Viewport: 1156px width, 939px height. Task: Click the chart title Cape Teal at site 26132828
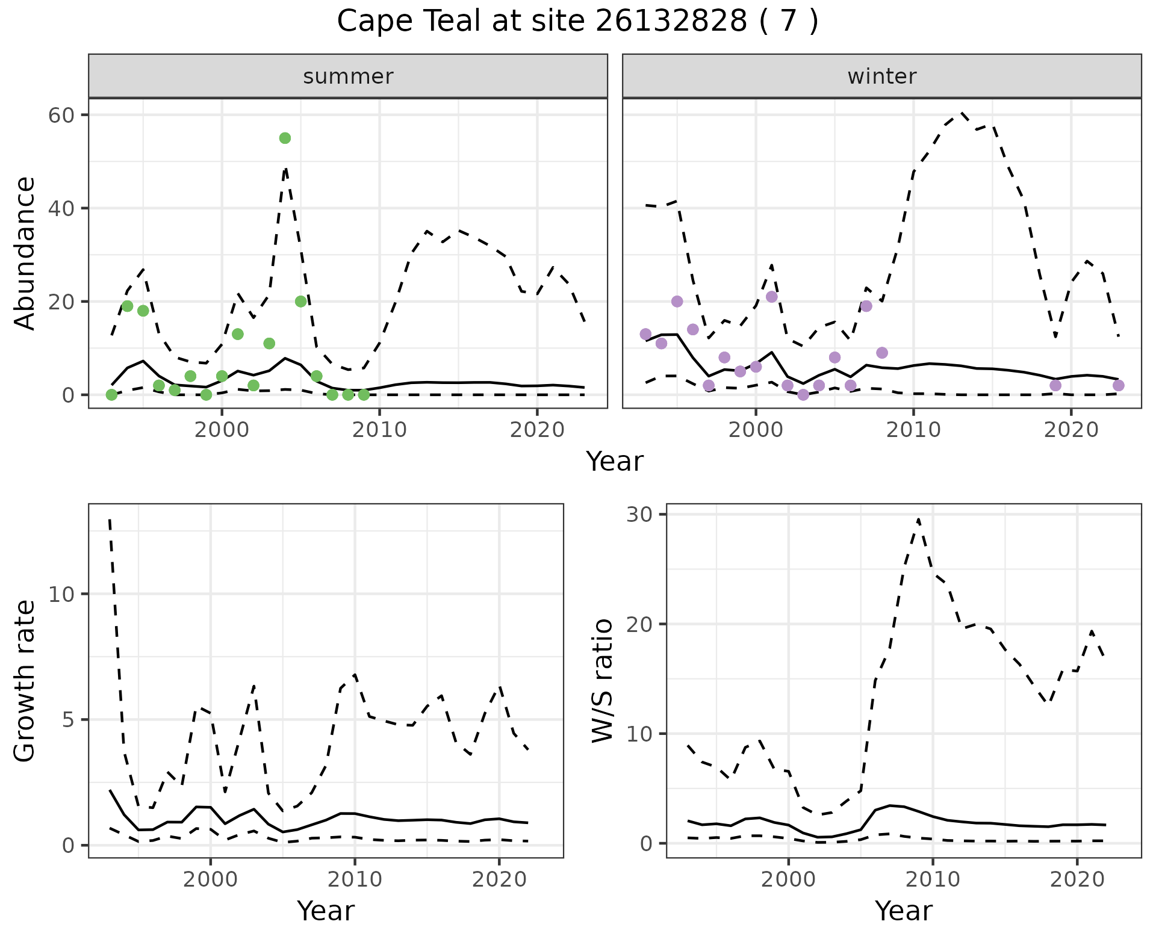pos(577,22)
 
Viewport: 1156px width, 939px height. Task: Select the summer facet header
pos(347,76)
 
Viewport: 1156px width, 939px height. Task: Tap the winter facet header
pos(881,76)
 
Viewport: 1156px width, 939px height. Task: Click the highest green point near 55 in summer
pos(285,138)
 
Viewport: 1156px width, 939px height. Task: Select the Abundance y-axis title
pos(25,253)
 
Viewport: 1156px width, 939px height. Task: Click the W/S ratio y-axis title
pos(603,681)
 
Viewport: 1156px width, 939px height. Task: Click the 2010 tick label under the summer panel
pos(379,430)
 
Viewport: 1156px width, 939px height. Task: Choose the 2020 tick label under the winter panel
pos(1071,430)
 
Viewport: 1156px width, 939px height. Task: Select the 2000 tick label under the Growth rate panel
pos(210,879)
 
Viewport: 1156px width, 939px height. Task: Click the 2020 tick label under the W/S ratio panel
pos(1077,879)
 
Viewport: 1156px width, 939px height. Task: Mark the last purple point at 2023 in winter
pos(1119,385)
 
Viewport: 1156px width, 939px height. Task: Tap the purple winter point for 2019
pos(1055,385)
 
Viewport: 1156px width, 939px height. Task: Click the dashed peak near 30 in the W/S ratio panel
pos(918,519)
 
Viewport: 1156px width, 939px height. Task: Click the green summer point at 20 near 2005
pos(301,302)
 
